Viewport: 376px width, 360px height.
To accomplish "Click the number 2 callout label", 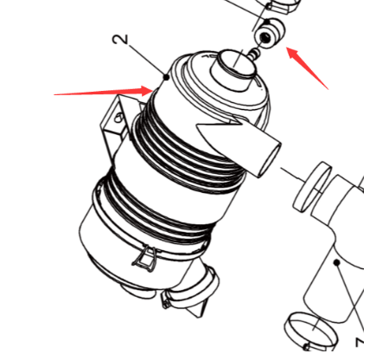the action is (x=121, y=40).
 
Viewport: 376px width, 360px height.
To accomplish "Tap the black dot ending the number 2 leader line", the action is (x=166, y=77).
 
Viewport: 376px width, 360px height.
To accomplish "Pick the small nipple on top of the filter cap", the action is (x=254, y=54).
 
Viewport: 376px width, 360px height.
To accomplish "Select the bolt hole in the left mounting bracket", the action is (x=118, y=118).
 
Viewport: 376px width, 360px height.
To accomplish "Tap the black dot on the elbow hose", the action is (x=336, y=262).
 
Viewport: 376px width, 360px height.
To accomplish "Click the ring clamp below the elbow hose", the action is (x=310, y=331).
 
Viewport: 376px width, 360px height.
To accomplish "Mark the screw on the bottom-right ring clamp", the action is (x=307, y=346).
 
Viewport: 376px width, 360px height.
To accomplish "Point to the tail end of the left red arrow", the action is (x=54, y=94).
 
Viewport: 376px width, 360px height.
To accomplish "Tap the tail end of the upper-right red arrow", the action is (x=328, y=89).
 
